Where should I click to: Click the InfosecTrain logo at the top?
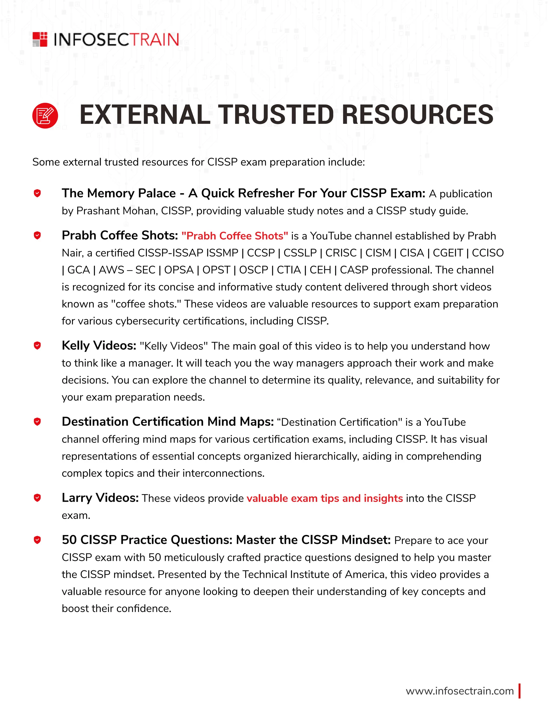click(x=106, y=40)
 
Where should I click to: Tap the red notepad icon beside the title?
click(x=45, y=115)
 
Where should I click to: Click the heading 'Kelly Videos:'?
click(x=99, y=346)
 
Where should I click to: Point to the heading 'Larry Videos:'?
click(x=100, y=498)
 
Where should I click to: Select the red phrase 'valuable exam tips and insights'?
click(x=324, y=498)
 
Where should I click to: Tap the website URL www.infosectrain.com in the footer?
click(x=459, y=691)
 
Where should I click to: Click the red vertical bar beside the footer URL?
click(x=520, y=691)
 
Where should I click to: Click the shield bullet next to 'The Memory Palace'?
click(x=37, y=193)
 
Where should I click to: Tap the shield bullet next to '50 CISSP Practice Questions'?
click(x=37, y=540)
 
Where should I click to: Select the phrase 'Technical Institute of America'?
click(x=314, y=574)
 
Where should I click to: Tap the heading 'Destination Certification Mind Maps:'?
click(x=167, y=421)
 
